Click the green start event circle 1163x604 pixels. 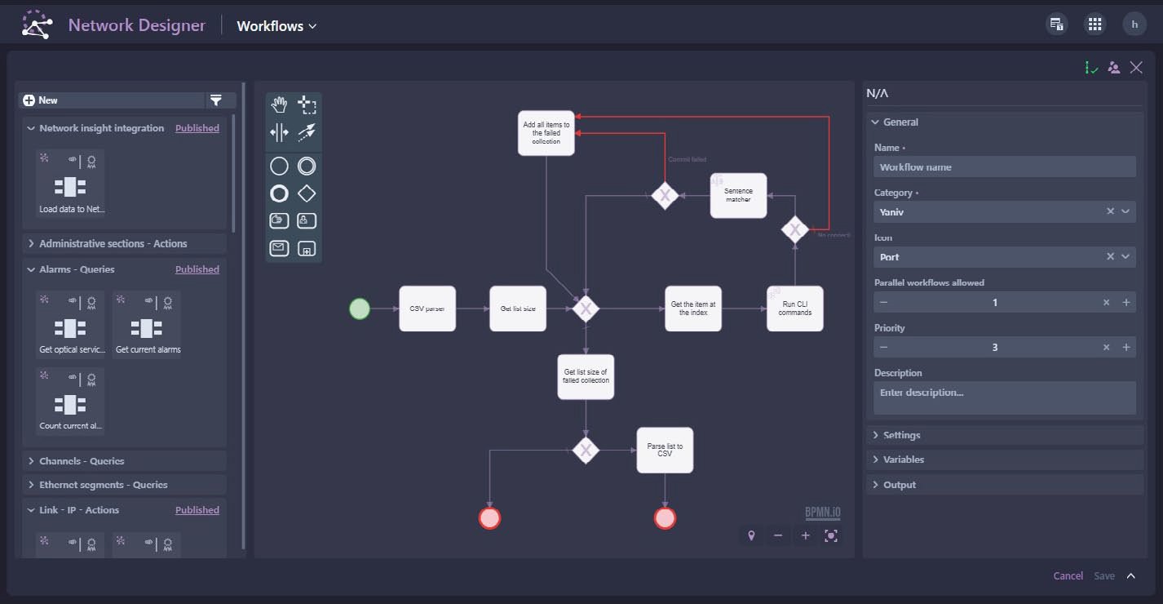point(360,309)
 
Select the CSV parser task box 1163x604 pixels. point(427,309)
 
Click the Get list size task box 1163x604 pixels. point(518,309)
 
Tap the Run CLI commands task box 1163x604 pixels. point(795,309)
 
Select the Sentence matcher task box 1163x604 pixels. point(738,196)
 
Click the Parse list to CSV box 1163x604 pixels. point(665,450)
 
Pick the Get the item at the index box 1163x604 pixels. point(693,309)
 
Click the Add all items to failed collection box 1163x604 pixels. point(546,133)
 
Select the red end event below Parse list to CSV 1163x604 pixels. point(666,518)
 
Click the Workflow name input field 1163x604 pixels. point(1005,167)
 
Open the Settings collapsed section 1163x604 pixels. point(901,435)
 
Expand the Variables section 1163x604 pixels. point(903,460)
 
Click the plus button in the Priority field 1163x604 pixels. point(1126,348)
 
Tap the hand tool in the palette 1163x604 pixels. point(280,104)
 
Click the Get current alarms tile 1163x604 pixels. point(148,326)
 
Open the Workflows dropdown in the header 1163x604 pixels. point(276,26)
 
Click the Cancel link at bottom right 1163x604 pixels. point(1068,576)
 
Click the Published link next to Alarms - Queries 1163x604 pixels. point(197,269)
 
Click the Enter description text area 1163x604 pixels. point(1005,397)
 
